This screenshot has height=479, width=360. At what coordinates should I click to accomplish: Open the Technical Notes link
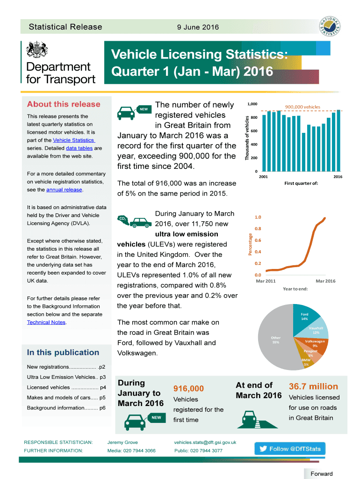point(46,322)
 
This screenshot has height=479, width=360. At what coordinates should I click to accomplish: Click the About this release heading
point(64,104)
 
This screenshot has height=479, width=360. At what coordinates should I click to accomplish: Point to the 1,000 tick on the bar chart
point(252,104)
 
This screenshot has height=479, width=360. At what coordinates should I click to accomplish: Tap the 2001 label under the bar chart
point(263,176)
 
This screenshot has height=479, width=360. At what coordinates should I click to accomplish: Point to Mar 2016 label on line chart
point(325,281)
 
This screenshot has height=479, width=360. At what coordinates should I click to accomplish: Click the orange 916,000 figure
point(188,388)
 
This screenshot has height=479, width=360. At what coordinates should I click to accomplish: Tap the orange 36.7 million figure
point(313,386)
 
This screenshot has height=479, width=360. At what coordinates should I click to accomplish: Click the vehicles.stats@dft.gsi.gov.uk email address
point(205,442)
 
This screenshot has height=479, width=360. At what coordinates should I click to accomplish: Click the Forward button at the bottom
point(321,473)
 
